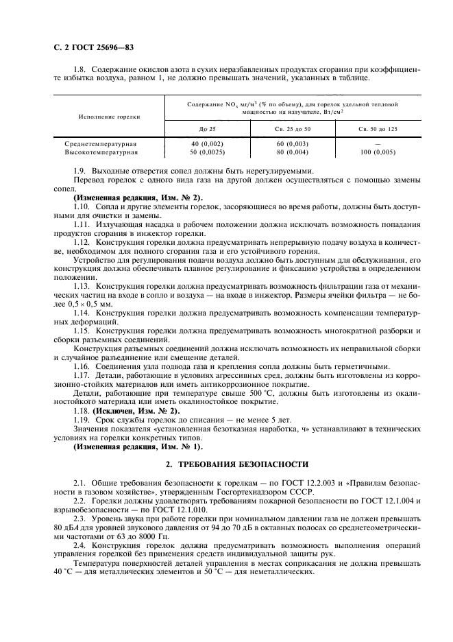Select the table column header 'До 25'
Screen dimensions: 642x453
click(206, 129)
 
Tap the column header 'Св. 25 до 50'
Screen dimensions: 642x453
click(293, 129)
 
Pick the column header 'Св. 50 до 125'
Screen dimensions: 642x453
click(379, 129)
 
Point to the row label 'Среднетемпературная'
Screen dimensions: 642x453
click(101, 144)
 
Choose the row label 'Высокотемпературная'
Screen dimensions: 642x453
click(101, 152)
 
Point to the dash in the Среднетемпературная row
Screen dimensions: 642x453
click(379, 144)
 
